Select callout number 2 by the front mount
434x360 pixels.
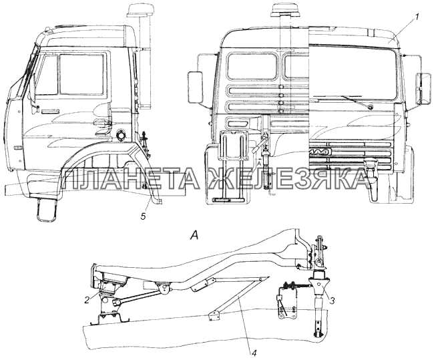87,300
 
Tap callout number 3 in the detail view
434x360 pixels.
333,300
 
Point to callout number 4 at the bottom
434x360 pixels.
254,353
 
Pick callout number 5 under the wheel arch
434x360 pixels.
143,216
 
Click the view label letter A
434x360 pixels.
194,236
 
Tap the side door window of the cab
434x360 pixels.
81,74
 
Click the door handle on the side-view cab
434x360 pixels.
50,112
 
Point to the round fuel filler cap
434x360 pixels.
122,135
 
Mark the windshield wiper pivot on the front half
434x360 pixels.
371,107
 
